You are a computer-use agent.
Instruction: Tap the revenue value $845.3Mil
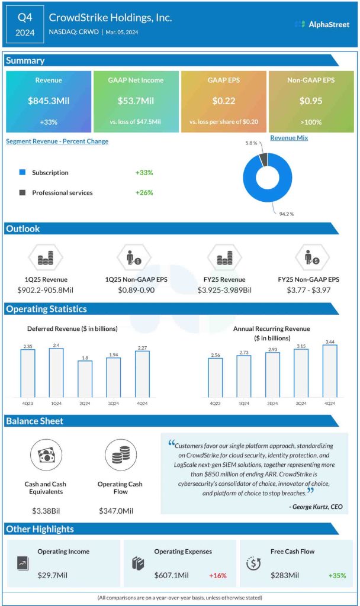coord(49,101)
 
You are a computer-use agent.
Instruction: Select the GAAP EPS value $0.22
coord(224,101)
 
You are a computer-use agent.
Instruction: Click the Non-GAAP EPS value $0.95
coord(311,101)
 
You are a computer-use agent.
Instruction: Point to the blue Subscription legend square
coord(22,173)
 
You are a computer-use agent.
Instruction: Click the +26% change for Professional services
coord(144,192)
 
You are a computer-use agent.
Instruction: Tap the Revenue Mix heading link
coord(290,138)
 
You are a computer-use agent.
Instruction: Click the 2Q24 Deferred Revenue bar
coord(85,378)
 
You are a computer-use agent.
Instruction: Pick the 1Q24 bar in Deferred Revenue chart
coord(56,372)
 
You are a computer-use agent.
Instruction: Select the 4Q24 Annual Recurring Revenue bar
coord(330,370)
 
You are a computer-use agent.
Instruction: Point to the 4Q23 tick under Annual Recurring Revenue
coord(215,403)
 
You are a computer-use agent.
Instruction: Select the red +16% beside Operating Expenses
coord(217,575)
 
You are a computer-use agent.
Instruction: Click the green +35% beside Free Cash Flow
coord(337,575)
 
